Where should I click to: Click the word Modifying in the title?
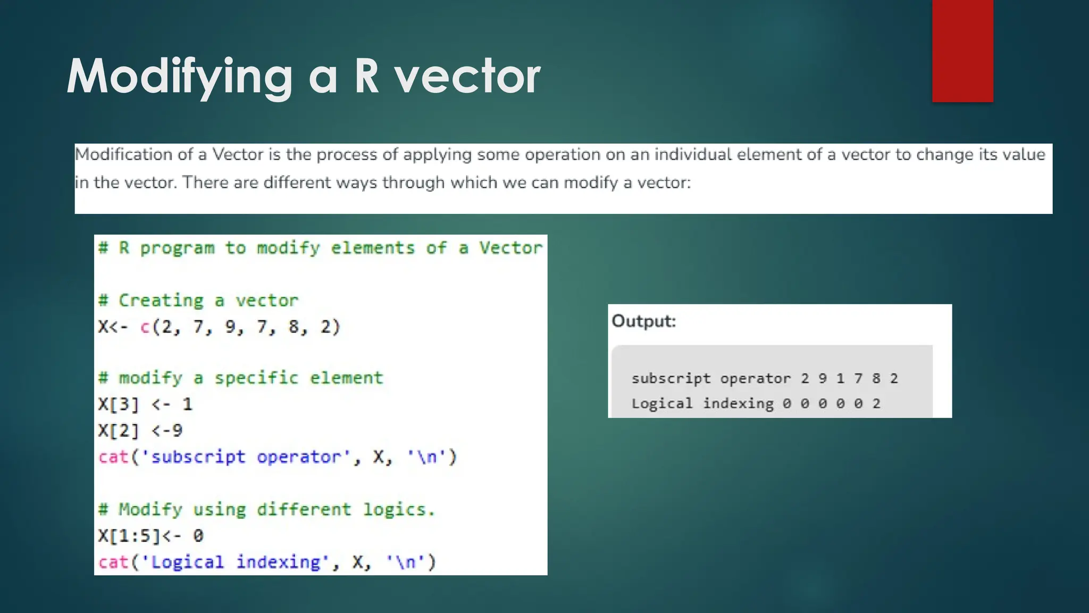(x=180, y=77)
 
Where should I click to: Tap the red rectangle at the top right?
(x=962, y=51)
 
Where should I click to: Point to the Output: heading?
(x=643, y=321)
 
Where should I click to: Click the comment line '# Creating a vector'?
(x=198, y=301)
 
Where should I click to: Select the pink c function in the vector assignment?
(x=145, y=327)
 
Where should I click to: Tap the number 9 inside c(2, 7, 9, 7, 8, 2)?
(x=230, y=327)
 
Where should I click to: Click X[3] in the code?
(x=119, y=404)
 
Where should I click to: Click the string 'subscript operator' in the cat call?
(x=246, y=457)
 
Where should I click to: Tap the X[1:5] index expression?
(x=129, y=536)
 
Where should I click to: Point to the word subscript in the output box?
(x=671, y=378)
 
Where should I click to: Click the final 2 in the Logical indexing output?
(x=876, y=404)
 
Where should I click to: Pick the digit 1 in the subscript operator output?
(x=840, y=378)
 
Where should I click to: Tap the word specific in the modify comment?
(x=256, y=378)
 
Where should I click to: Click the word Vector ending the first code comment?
(x=510, y=248)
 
